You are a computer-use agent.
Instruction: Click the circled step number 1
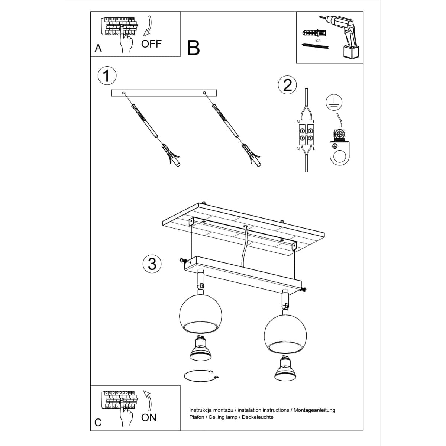(107, 76)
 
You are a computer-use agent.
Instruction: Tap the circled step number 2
(287, 85)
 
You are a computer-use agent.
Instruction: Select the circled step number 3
(152, 264)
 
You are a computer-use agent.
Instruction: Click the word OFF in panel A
(151, 44)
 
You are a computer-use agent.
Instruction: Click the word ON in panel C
(149, 417)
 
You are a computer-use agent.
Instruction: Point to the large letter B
(194, 48)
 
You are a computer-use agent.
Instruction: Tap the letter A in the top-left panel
(98, 48)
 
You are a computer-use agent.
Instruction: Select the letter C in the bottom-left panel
(98, 423)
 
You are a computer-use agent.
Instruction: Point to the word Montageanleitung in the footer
(314, 410)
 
